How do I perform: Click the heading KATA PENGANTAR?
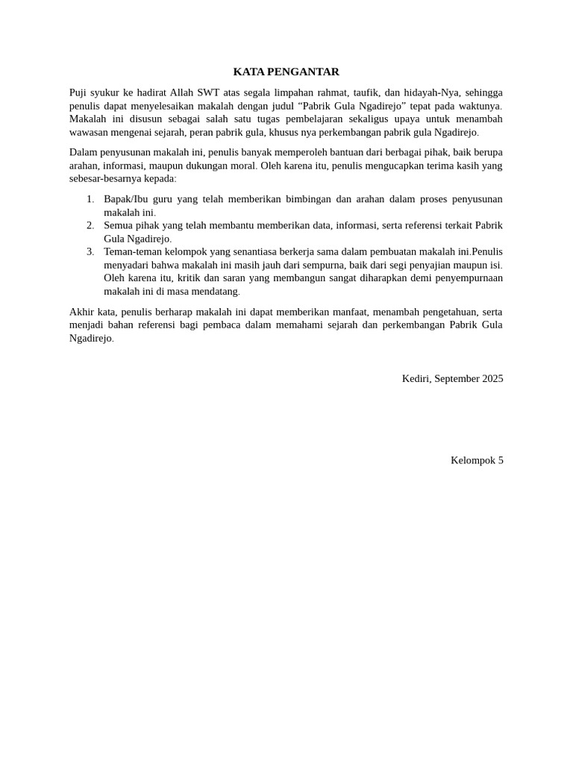286,72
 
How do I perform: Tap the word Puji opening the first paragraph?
79,93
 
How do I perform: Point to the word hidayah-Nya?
434,93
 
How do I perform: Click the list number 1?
90,199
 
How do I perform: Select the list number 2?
90,225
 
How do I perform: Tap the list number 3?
90,251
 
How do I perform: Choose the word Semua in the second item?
120,225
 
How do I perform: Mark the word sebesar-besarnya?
110,179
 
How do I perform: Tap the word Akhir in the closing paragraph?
83,311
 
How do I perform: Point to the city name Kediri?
416,379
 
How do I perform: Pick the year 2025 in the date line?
492,379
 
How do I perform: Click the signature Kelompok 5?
477,460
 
